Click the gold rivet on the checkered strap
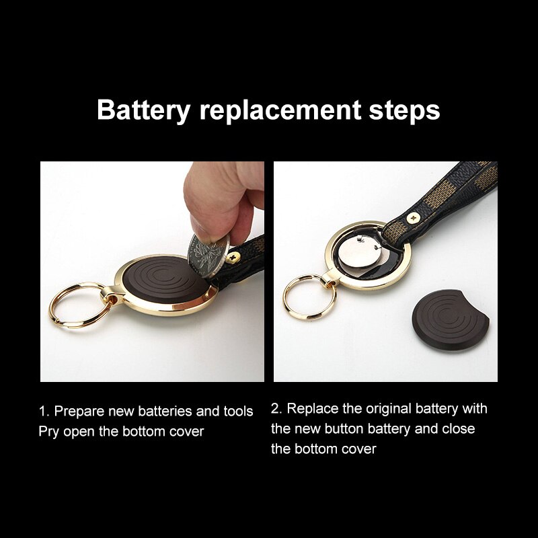[414, 217]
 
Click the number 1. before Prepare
[44, 411]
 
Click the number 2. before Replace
[276, 408]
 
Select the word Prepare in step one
[81, 411]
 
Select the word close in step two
[459, 428]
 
